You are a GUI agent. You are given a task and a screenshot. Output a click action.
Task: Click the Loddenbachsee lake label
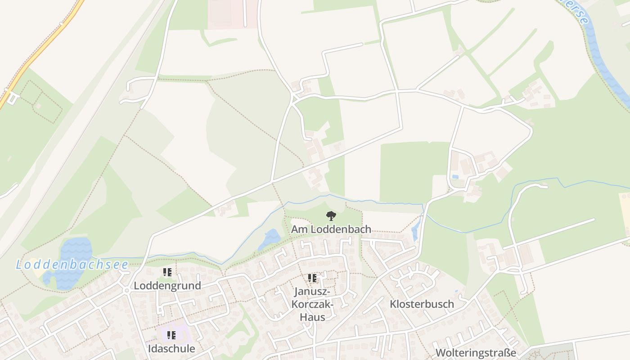(x=72, y=265)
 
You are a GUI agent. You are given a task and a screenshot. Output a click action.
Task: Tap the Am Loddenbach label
(x=331, y=229)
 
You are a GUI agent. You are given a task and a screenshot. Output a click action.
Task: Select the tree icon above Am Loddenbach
(x=331, y=216)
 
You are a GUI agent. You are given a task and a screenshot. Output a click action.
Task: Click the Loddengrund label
(x=167, y=286)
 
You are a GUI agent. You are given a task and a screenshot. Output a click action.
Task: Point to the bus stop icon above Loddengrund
(x=167, y=272)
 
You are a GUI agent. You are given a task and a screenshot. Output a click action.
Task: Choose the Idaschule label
(x=171, y=349)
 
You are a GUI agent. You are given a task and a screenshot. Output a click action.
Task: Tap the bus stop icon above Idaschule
(x=171, y=335)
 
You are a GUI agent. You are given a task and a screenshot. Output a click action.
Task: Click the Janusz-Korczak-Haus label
(x=313, y=304)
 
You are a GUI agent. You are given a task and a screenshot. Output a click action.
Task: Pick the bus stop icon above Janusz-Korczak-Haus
(x=312, y=278)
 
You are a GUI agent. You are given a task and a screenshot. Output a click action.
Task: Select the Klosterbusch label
(x=422, y=304)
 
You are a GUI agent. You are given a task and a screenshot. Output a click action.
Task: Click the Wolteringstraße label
(x=476, y=353)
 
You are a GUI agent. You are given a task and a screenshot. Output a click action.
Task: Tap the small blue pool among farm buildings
(x=455, y=177)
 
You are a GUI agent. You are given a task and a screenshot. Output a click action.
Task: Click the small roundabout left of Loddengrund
(x=127, y=291)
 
